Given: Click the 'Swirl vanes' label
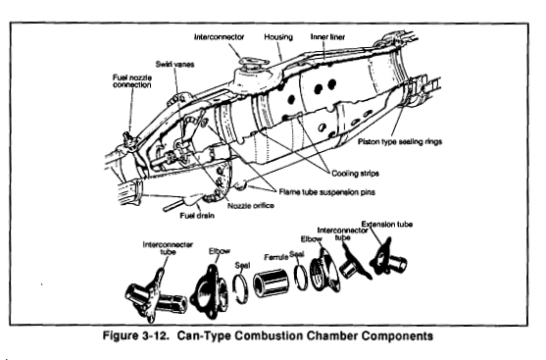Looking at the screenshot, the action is pos(174,64).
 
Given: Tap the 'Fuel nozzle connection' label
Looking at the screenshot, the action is pos(132,80).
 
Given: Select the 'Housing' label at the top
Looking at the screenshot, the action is pos(278,36).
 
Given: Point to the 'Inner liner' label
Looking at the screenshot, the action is pos(327,36).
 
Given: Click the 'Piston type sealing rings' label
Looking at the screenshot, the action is pos(400,141).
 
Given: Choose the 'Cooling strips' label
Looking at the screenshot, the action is pos(355,174).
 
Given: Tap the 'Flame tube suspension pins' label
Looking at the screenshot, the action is pos(326,192).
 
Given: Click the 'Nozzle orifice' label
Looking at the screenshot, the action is pos(250,206).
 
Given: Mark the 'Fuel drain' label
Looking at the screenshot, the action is pos(197,216).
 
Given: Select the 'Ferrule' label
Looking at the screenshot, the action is pos(275,257).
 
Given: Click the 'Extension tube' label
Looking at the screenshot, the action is pos(386,224).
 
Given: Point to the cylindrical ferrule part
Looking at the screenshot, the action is pos(272,283).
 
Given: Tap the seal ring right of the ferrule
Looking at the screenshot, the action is pos(300,277).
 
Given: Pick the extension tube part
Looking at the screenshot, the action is pos(388,258).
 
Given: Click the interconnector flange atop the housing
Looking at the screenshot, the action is pos(253,63).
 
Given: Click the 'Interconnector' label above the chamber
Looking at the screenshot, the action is pos(219,36).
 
